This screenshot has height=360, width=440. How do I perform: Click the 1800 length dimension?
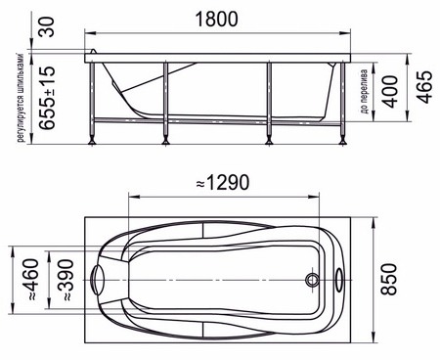(x=216, y=20)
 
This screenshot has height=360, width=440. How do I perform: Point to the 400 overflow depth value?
(x=390, y=92)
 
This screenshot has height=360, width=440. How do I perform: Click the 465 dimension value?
(x=425, y=87)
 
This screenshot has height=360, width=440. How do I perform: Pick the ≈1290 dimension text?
(x=223, y=183)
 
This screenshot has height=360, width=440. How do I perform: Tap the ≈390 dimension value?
(x=66, y=280)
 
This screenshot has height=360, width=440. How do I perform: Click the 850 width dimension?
(x=389, y=280)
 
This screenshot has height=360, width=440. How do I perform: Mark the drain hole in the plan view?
(x=312, y=280)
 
